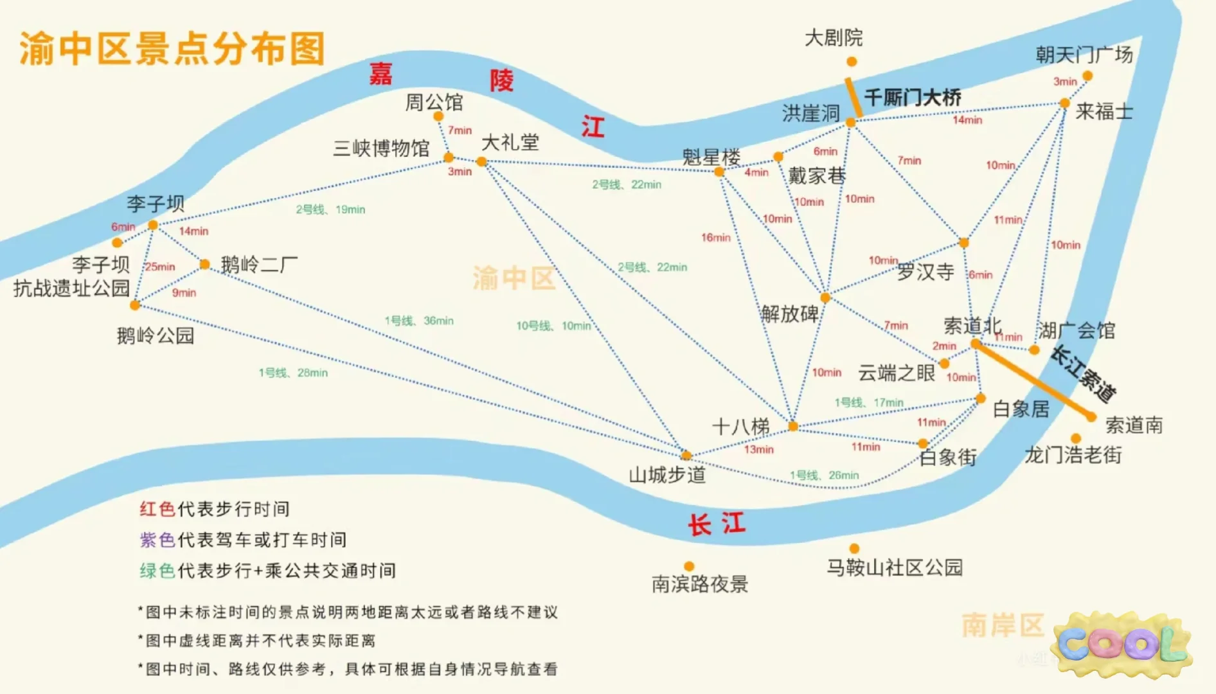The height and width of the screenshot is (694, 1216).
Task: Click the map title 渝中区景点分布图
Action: [x=172, y=49]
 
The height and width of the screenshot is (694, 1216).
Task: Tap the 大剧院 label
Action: [x=834, y=38]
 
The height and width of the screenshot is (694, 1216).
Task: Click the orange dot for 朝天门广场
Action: [x=1087, y=76]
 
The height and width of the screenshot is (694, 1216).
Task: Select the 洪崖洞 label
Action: [x=810, y=114]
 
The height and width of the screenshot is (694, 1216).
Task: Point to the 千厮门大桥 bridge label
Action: [x=912, y=98]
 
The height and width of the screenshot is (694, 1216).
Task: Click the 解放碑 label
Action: [x=790, y=314]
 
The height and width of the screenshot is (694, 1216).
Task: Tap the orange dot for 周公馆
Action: [x=438, y=116]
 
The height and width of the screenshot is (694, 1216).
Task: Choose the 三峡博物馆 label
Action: [x=381, y=148]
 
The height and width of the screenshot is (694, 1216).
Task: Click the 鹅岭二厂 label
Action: [x=259, y=265]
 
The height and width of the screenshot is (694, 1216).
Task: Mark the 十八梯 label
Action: [x=740, y=427]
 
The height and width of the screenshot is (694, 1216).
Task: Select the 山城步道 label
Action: [x=667, y=476]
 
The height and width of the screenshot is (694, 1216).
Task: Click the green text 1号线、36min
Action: [x=419, y=321]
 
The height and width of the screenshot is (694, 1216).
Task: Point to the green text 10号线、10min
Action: [x=553, y=326]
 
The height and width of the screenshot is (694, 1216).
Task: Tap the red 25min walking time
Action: [x=160, y=267]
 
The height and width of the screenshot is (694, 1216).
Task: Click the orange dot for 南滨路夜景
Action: [x=689, y=566]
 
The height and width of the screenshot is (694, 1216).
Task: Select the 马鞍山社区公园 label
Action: [x=894, y=568]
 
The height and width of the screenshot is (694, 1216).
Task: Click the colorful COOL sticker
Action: [x=1122, y=645]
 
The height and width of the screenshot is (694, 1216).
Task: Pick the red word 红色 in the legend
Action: [x=157, y=510]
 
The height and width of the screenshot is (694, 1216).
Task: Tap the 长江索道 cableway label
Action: [x=1084, y=373]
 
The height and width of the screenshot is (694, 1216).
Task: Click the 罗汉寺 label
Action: [x=925, y=272]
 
